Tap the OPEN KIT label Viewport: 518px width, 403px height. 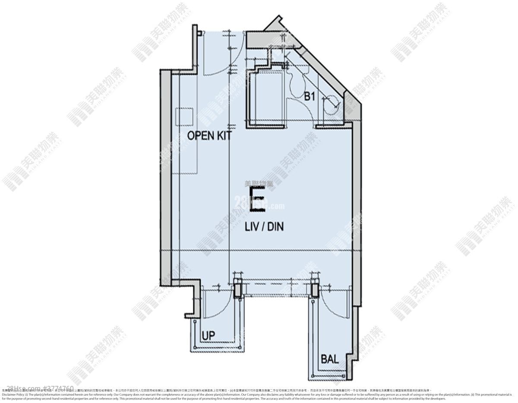click(x=209, y=136)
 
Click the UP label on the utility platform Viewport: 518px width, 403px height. click(x=208, y=334)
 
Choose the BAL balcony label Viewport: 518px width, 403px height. click(x=329, y=359)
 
